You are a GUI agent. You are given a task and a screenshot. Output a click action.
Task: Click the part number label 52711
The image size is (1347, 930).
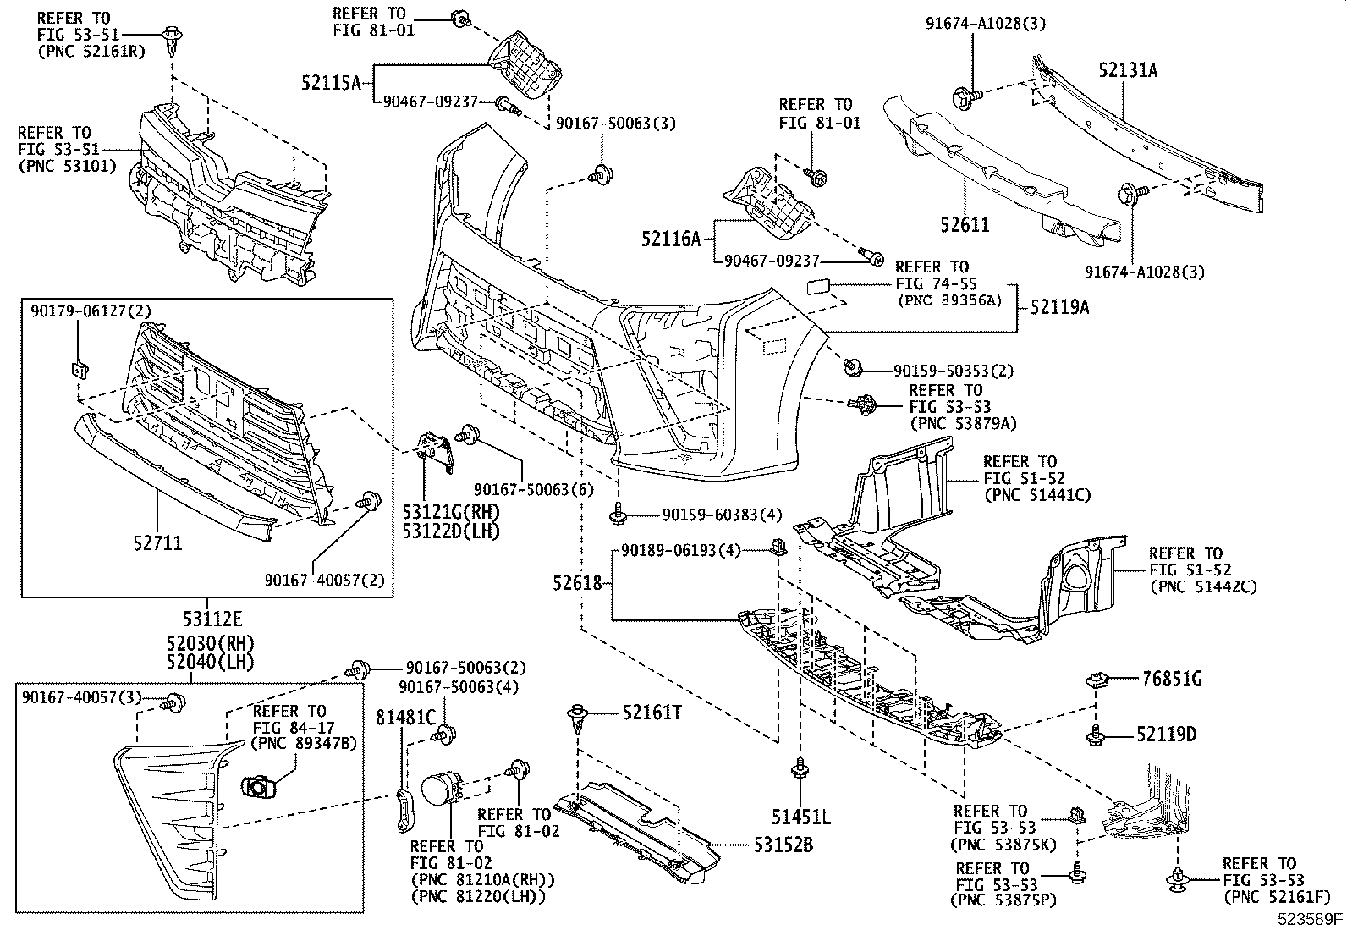point(157,542)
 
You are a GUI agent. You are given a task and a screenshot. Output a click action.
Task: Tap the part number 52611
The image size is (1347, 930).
point(964,225)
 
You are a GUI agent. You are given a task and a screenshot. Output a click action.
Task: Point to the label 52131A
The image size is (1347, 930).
point(1128,71)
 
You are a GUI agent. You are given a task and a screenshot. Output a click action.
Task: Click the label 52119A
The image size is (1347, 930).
point(1059,308)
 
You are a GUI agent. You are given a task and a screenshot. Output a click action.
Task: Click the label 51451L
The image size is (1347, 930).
point(800,817)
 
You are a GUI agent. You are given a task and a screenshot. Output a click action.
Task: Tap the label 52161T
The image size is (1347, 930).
point(652,713)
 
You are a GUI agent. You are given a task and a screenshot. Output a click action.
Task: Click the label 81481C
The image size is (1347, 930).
point(405,718)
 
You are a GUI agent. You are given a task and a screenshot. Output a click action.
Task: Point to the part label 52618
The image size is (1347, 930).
point(578,583)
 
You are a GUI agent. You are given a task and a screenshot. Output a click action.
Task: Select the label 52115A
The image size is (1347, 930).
point(331,82)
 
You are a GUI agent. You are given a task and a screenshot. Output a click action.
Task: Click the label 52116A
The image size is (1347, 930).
point(671,240)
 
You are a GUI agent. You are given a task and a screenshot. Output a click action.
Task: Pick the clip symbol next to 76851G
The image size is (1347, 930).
point(1097,679)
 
